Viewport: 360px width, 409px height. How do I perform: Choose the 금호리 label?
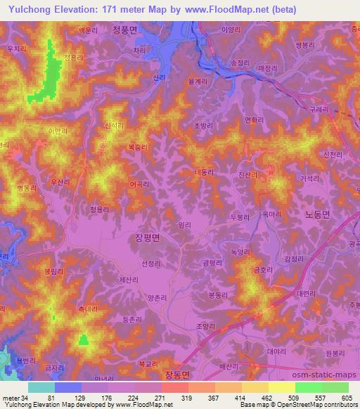pos(252,269)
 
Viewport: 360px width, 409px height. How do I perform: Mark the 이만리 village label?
pos(58,131)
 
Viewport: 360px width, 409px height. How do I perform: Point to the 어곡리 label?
pos(139,186)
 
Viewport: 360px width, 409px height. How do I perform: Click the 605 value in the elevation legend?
pos(345,397)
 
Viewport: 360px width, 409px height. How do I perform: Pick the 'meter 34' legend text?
pos(15,397)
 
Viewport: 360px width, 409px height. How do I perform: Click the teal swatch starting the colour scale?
pos(41,387)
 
